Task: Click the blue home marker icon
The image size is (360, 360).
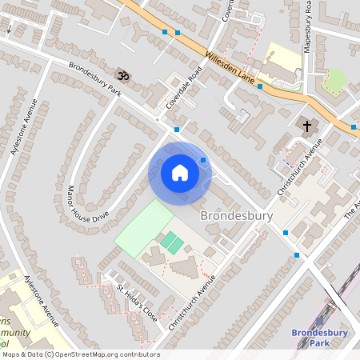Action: (179, 172)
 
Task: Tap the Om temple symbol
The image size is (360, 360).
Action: (122, 74)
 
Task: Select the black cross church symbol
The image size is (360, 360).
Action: (306, 126)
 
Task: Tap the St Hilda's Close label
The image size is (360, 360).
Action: (136, 299)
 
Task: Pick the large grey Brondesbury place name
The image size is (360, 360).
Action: (236, 216)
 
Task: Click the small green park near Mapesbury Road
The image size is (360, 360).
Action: (335, 79)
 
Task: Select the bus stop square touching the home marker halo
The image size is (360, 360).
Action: (203, 160)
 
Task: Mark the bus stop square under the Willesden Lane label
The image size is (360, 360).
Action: (259, 86)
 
